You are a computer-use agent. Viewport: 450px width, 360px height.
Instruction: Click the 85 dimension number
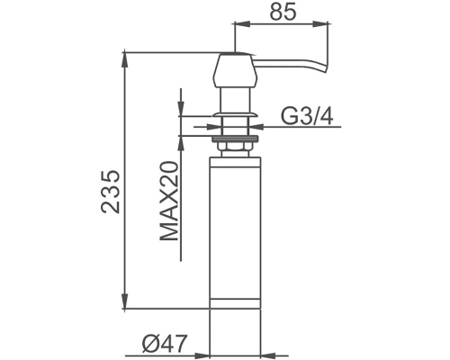(x=283, y=12)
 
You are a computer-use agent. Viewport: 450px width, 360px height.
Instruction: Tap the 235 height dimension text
(x=111, y=192)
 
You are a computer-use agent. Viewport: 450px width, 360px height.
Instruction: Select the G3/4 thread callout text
(x=307, y=116)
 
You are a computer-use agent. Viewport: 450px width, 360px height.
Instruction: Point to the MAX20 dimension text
(x=169, y=201)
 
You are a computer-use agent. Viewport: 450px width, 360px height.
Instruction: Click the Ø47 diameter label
(x=165, y=343)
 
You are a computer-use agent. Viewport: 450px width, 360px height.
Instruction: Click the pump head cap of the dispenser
(x=235, y=70)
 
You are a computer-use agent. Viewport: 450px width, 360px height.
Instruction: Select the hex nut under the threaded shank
(x=235, y=147)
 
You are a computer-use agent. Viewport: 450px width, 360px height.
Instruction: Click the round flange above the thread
(x=235, y=114)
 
